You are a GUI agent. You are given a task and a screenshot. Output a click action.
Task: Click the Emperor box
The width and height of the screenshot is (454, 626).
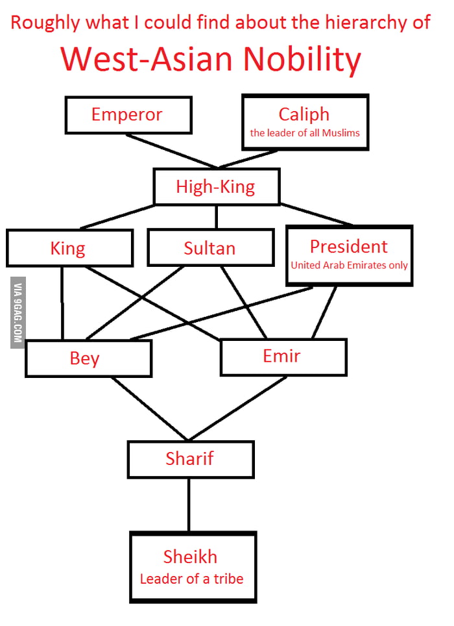(x=128, y=115)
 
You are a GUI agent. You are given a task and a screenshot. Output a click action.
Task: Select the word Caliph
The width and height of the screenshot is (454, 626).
(x=304, y=114)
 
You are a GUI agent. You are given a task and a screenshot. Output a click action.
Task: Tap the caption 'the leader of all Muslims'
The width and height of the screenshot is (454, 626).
(x=305, y=134)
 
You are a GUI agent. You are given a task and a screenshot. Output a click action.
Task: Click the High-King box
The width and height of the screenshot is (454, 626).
(x=216, y=187)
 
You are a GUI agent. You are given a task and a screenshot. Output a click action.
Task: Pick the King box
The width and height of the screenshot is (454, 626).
(x=69, y=248)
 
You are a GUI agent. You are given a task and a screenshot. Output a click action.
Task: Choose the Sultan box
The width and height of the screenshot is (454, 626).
(x=209, y=248)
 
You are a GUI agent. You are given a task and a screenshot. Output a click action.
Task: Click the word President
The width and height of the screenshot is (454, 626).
(x=348, y=247)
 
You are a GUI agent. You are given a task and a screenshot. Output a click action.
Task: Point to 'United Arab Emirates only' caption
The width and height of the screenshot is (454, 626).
(x=349, y=265)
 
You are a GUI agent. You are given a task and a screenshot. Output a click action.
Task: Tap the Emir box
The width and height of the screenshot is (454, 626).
(x=283, y=357)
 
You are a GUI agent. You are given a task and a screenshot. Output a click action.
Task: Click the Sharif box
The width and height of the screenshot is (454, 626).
(x=190, y=458)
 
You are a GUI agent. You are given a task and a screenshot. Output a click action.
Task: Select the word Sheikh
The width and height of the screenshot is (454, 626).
(x=190, y=557)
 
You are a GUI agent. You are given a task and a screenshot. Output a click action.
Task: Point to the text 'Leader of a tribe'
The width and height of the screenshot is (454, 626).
(x=191, y=578)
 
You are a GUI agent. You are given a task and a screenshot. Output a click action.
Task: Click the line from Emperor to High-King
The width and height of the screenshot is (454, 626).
(x=172, y=151)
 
